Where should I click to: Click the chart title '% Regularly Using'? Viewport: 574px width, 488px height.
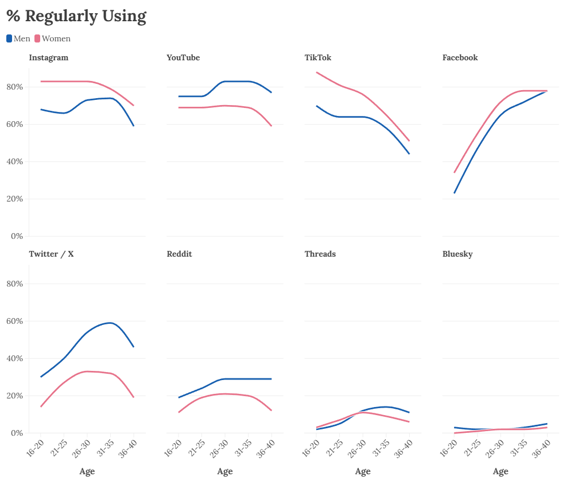76,16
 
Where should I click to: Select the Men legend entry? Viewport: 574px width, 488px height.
18,38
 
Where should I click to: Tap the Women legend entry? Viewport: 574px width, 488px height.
53,38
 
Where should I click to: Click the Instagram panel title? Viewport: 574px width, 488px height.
48,57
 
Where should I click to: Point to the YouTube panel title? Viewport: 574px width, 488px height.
183,57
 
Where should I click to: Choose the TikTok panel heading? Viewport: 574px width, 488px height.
317,57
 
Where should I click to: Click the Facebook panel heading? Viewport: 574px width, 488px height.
460,57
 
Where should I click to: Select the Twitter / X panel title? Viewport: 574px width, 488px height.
51,254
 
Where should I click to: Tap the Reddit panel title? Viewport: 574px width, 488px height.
179,254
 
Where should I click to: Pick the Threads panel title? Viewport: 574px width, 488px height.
320,254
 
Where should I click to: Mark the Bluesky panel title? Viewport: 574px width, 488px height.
457,254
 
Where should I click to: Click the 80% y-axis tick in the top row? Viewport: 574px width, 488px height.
14,87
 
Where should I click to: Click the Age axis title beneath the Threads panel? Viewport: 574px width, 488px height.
363,471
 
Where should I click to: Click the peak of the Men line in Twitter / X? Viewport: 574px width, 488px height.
110,323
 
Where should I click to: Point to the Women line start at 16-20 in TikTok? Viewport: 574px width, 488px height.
317,72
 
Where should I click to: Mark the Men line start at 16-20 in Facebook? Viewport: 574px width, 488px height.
454,193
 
